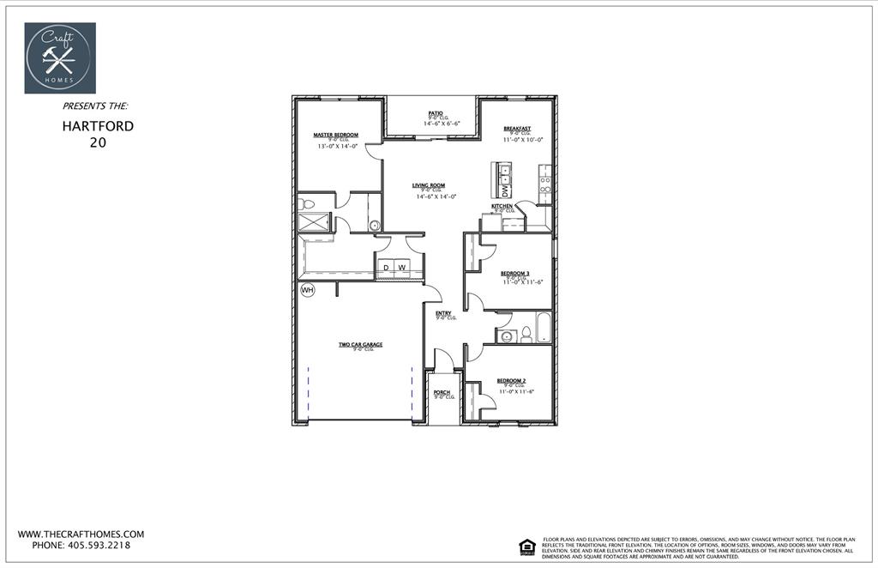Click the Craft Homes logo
click(x=60, y=57)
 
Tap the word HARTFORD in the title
click(x=98, y=126)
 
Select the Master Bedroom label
click(x=335, y=135)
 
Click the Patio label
click(x=436, y=112)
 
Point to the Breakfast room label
click(x=517, y=128)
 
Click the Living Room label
click(x=428, y=185)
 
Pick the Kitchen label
click(x=502, y=206)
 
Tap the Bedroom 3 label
click(x=515, y=273)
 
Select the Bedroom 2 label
click(x=511, y=380)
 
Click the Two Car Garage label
click(x=360, y=344)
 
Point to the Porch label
click(x=442, y=392)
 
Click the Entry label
click(x=443, y=313)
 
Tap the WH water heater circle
click(x=307, y=290)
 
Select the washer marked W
click(x=401, y=268)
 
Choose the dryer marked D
click(x=386, y=268)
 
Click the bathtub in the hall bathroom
click(x=543, y=327)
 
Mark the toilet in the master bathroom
click(x=307, y=204)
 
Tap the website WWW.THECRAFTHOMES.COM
click(x=81, y=534)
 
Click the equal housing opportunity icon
click(x=527, y=545)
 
